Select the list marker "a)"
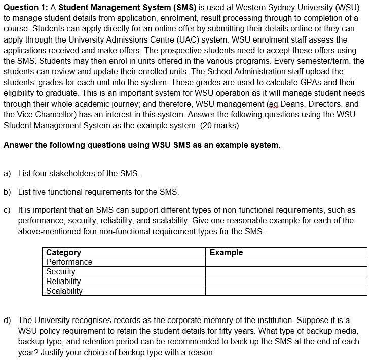point(7,173)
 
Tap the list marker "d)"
point(7,320)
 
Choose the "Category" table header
point(63,252)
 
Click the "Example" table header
point(226,252)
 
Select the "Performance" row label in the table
point(69,262)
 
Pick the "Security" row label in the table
point(60,271)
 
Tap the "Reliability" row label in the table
point(63,281)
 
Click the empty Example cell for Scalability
point(286,291)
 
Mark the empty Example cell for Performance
point(286,262)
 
